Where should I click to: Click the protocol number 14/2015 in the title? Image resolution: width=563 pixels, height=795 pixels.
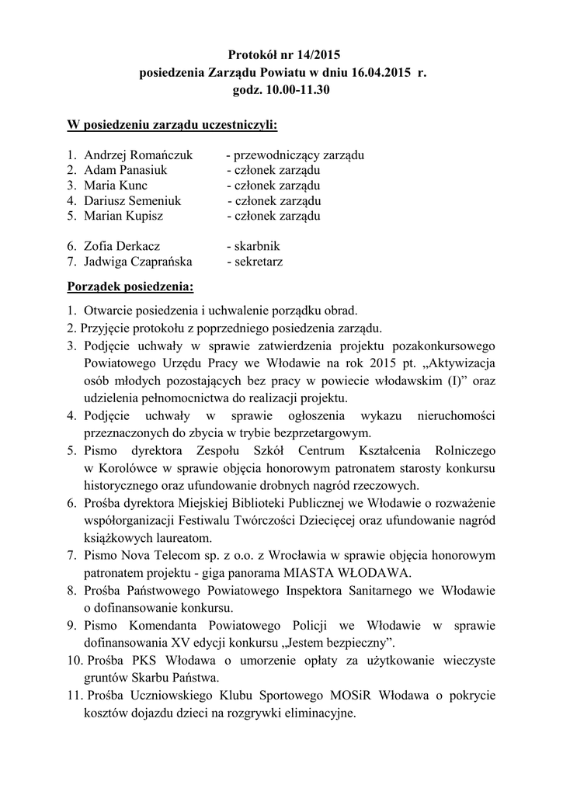316,54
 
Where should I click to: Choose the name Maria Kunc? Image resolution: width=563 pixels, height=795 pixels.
116,186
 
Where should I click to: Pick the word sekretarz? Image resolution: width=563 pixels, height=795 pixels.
255,262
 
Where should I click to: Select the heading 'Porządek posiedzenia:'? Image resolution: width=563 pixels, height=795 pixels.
130,288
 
